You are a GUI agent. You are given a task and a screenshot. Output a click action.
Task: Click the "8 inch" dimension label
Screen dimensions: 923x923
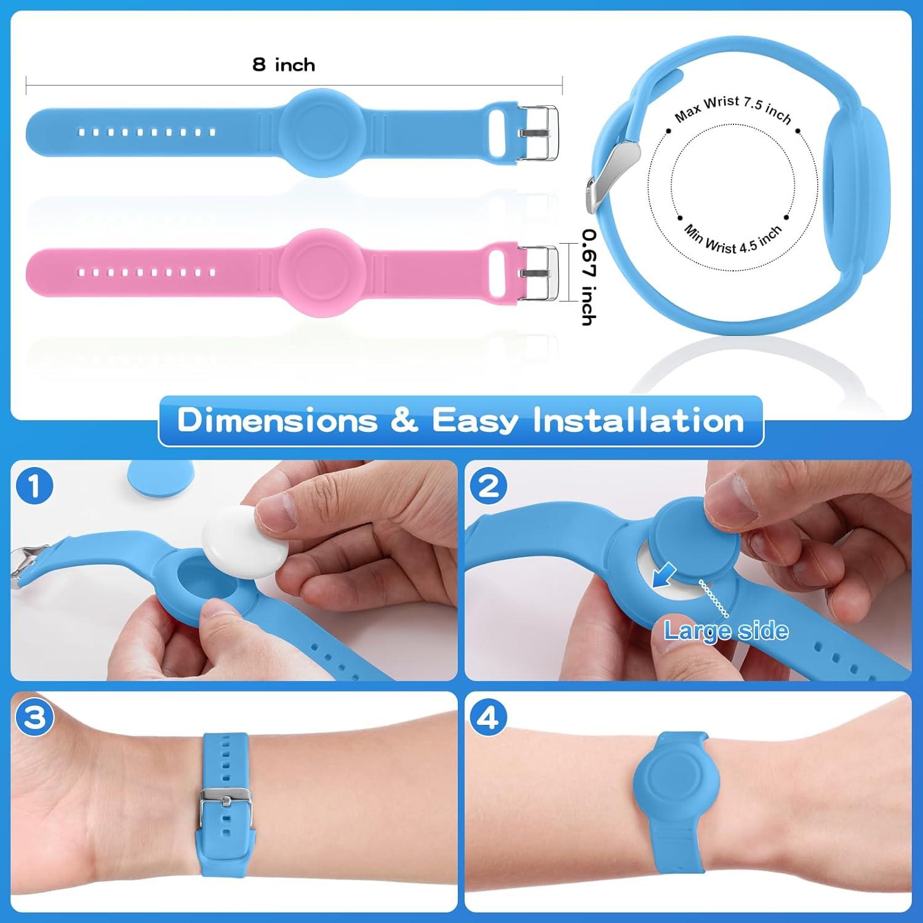coord(284,65)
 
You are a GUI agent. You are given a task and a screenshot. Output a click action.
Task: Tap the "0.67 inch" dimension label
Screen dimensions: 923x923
coord(589,277)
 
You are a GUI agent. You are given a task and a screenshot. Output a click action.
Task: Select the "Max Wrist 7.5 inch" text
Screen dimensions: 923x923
coord(733,109)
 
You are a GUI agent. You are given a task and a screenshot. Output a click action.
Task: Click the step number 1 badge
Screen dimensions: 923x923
coord(34,486)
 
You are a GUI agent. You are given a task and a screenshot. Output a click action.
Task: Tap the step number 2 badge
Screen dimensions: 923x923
coord(489,486)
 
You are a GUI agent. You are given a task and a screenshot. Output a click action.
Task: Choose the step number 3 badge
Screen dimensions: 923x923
coord(34,717)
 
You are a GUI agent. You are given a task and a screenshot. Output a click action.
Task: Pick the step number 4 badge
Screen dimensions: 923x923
coord(489,717)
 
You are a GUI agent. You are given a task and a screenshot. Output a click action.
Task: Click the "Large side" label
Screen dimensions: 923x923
coord(726,631)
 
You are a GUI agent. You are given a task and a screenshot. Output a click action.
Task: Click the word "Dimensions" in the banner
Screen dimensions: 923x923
coord(278,421)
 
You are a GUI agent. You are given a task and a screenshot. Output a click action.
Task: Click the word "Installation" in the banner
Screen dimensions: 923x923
coord(638,421)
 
